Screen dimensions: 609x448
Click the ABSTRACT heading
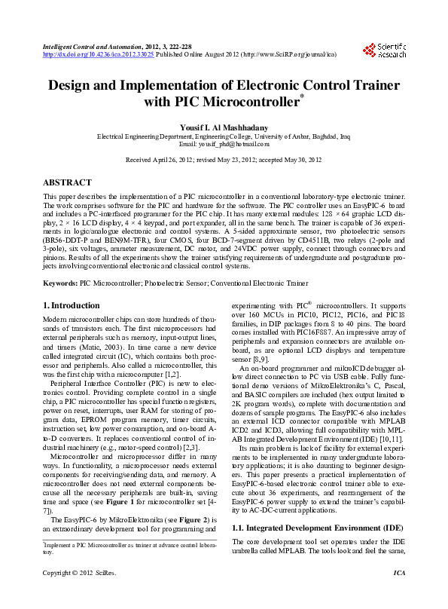(68, 182)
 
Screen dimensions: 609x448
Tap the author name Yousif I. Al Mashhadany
(224, 127)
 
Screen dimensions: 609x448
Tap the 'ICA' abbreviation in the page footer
(400, 594)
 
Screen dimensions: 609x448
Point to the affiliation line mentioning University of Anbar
(224, 136)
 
